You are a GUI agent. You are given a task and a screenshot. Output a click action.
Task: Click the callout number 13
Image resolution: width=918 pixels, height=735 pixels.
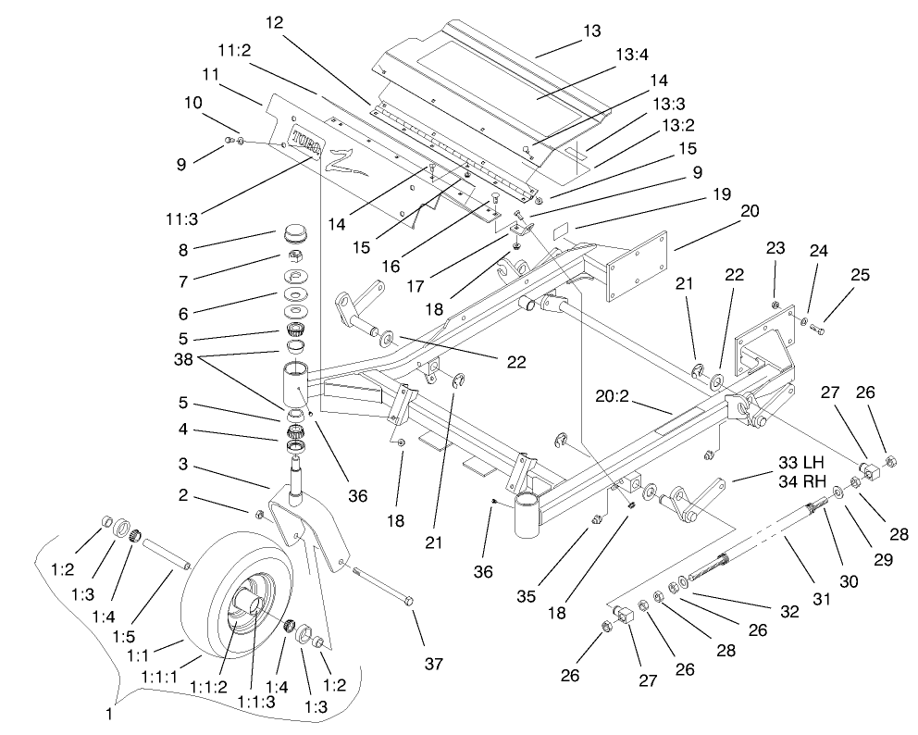click(x=590, y=31)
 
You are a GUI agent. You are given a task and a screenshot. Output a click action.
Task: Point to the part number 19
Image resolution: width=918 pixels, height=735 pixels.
click(x=721, y=194)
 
